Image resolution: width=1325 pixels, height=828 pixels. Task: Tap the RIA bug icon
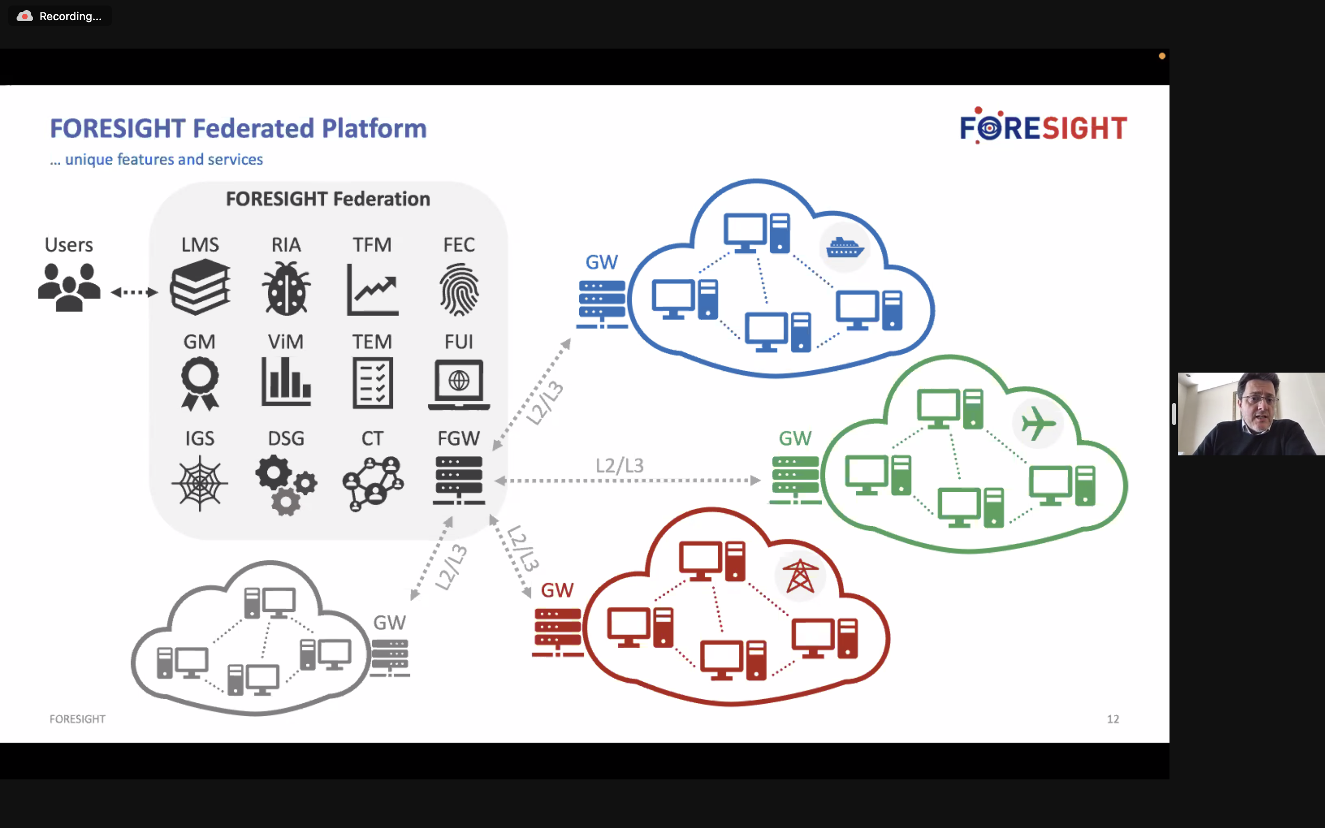286,288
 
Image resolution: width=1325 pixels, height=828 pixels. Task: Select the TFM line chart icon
373,290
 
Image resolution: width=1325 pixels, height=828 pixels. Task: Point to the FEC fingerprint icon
459,290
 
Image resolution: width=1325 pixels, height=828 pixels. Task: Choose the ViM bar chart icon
286,382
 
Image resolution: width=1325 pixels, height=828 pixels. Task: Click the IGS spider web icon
200,483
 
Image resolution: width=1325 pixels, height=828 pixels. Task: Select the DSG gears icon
285,485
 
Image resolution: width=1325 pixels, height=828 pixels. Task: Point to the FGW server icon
459,480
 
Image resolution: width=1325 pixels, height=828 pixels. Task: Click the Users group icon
69,287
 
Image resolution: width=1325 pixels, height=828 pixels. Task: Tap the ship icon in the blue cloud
845,248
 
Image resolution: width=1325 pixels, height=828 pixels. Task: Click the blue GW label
601,262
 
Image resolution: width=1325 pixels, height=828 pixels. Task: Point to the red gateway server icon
558,632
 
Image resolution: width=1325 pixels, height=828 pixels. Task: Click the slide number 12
1112,719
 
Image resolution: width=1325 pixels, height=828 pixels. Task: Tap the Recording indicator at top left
60,17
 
